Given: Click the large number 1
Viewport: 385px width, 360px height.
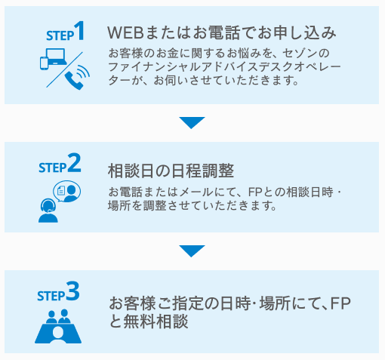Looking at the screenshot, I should coord(79,32).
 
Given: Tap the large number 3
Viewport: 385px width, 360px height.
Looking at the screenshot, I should coord(73,292).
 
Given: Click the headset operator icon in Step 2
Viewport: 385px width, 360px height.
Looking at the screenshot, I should coord(47,211).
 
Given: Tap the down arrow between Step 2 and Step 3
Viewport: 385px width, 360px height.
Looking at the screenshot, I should coord(192,251).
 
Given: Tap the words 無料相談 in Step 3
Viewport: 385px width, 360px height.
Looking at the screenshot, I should coord(155,322).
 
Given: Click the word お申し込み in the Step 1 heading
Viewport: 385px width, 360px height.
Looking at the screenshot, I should coord(298,33).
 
